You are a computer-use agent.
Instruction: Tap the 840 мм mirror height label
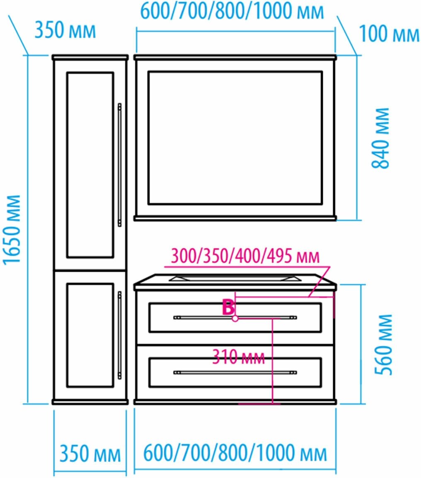click(380, 138)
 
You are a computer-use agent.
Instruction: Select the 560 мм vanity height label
click(384, 344)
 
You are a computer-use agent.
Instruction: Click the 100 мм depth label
click(389, 34)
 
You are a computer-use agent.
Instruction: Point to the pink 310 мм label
click(238, 357)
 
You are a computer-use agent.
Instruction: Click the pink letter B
click(229, 308)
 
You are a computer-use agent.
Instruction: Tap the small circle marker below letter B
click(235, 319)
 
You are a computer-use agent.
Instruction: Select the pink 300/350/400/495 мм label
click(245, 256)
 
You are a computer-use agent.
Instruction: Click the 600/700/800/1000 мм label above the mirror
click(232, 12)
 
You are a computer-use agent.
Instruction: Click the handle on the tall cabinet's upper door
click(120, 165)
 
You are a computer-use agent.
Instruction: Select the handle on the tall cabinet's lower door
click(120, 335)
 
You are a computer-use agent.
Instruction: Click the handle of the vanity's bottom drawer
click(235, 373)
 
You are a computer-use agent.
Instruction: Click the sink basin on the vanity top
click(235, 278)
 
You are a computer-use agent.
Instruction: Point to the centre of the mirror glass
click(235, 138)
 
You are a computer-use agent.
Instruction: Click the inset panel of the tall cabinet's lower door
click(90, 335)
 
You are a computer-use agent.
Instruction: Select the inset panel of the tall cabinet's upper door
click(90, 165)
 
